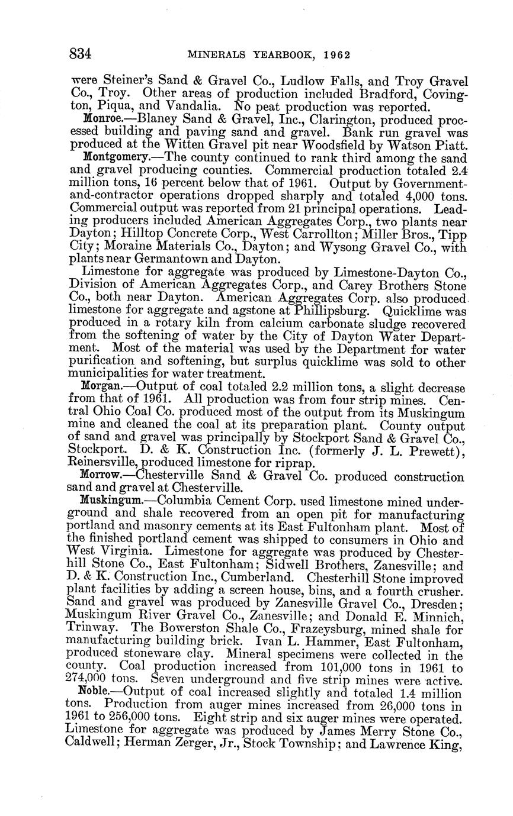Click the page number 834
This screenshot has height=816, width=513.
point(81,54)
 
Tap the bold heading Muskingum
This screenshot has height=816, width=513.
point(111,499)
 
